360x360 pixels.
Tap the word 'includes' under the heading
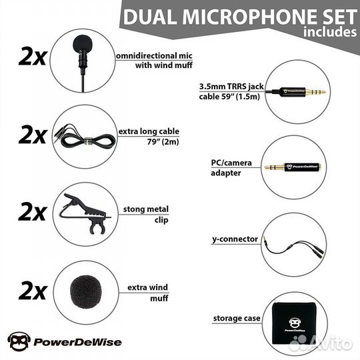pyautogui.click(x=330, y=32)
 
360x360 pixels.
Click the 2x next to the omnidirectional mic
pyautogui.click(x=33, y=56)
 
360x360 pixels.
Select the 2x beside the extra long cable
pyautogui.click(x=33, y=135)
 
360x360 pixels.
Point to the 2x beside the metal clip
pyautogui.click(x=33, y=212)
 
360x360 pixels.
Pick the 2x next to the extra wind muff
pyautogui.click(x=33, y=291)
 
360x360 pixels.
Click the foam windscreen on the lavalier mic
pyautogui.click(x=83, y=43)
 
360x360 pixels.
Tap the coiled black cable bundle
pyautogui.click(x=88, y=141)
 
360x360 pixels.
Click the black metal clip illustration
pyautogui.click(x=85, y=213)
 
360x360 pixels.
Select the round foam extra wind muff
pyautogui.click(x=85, y=292)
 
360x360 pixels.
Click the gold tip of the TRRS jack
pyautogui.click(x=317, y=92)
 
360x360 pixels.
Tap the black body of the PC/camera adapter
pyautogui.click(x=302, y=167)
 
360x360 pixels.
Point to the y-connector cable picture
pyautogui.click(x=294, y=247)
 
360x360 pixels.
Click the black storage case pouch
pyautogui.click(x=295, y=323)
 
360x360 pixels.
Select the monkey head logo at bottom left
pyautogui.click(x=19, y=341)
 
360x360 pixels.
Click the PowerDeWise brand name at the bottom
pyautogui.click(x=77, y=342)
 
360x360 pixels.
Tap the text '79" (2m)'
pyautogui.click(x=163, y=141)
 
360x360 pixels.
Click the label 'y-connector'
pyautogui.click(x=235, y=239)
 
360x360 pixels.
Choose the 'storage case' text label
pyautogui.click(x=237, y=318)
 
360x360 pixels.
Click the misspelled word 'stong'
pyautogui.click(x=134, y=209)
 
